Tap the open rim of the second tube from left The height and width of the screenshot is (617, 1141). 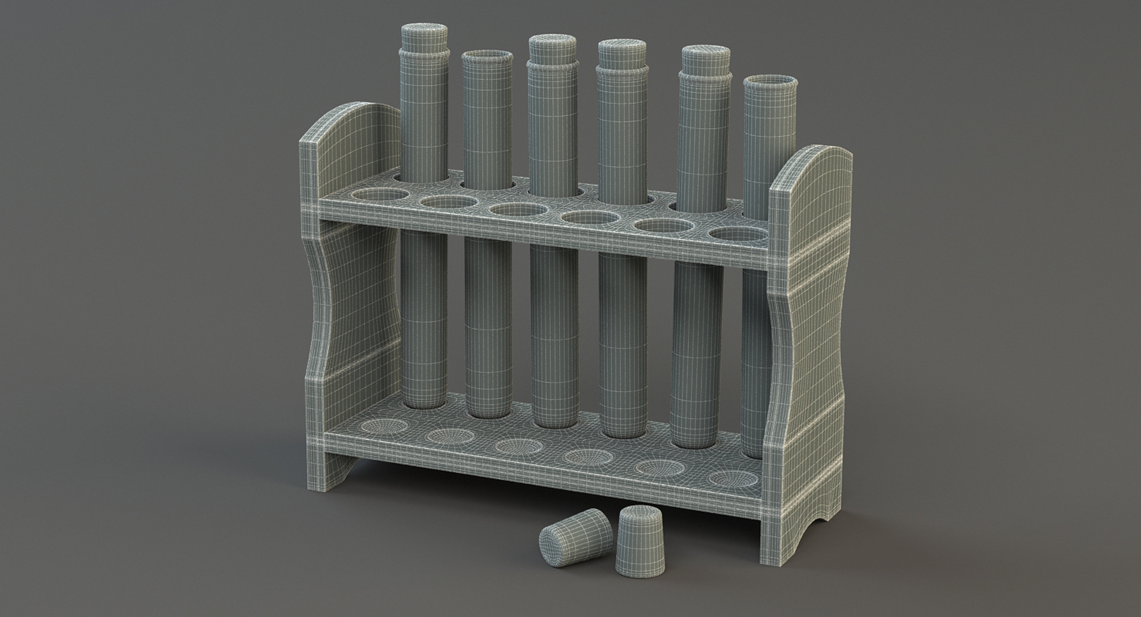[x=487, y=56]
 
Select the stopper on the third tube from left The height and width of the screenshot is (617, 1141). [x=552, y=48]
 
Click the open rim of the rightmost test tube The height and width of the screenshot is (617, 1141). [x=770, y=81]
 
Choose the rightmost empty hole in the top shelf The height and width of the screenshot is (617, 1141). [x=736, y=234]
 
